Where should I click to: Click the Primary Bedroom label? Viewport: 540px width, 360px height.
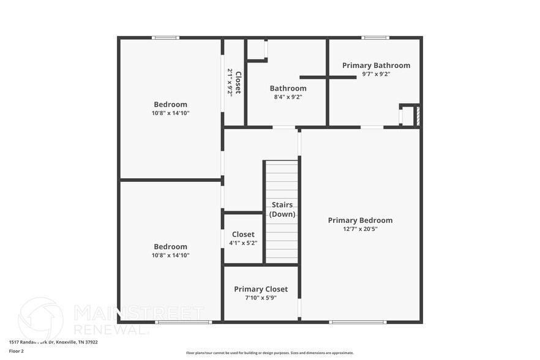point(360,220)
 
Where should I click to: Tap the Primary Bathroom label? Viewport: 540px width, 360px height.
point(376,66)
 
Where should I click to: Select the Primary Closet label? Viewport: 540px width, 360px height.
point(260,289)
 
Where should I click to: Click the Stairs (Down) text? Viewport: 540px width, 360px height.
point(282,209)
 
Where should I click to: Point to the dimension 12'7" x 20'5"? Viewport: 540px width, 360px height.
point(360,230)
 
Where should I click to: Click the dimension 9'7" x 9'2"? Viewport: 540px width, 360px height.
point(376,74)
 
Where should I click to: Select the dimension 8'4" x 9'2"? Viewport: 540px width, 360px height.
point(288,97)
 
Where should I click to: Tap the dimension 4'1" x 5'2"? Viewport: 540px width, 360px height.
point(243,243)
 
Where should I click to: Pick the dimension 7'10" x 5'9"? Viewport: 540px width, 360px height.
point(260,298)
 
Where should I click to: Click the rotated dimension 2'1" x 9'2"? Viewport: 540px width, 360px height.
point(230,82)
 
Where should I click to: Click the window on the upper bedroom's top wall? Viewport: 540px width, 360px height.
point(165,38)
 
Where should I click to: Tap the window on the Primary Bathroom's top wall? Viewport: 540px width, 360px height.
point(375,38)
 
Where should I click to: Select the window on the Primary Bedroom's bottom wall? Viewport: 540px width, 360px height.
point(358,322)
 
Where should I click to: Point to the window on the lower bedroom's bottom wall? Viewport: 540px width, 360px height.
point(183,322)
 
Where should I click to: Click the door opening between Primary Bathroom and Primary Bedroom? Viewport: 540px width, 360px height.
point(372,127)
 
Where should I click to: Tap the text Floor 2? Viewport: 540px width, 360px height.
point(17,351)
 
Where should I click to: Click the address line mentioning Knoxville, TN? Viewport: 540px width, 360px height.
point(53,342)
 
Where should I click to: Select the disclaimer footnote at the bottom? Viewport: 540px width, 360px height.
point(269,353)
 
